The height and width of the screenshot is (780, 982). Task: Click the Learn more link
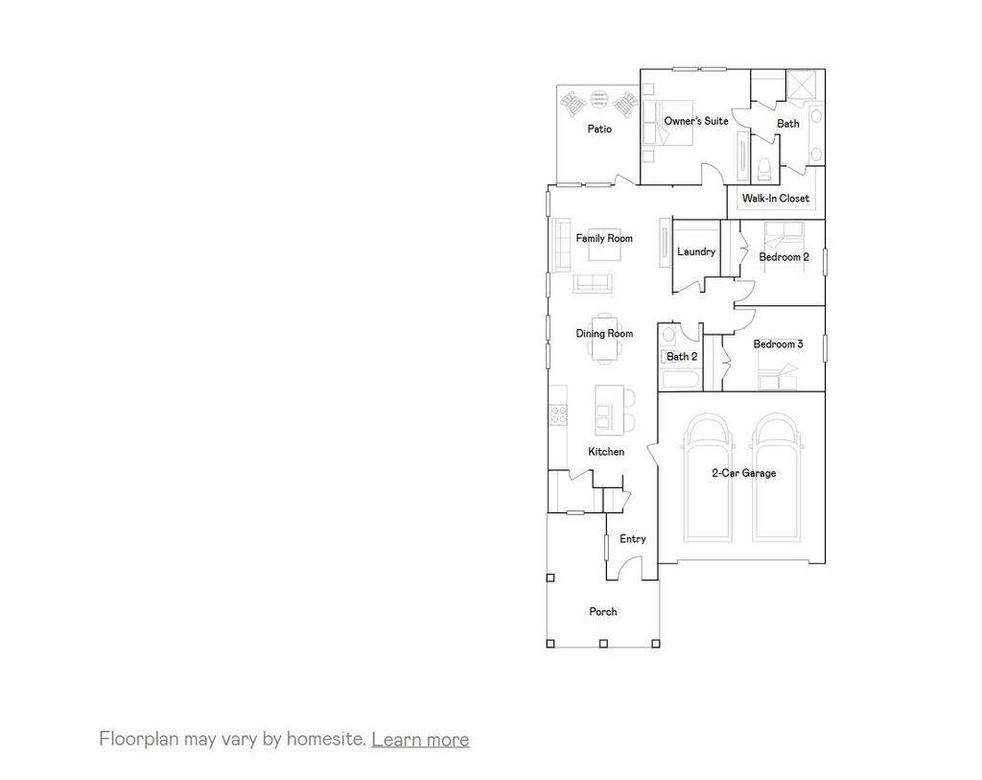pyautogui.click(x=420, y=740)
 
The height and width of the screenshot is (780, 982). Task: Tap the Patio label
pyautogui.click(x=599, y=130)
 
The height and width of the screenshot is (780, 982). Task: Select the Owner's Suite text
pyautogui.click(x=696, y=121)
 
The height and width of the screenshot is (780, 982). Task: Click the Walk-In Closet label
pyautogui.click(x=775, y=199)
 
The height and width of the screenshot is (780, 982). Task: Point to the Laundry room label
pyautogui.click(x=696, y=252)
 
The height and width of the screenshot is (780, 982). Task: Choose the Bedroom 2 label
pyautogui.click(x=783, y=257)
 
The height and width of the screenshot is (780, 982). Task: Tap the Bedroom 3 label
pyautogui.click(x=778, y=344)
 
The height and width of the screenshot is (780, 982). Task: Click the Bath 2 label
pyautogui.click(x=682, y=357)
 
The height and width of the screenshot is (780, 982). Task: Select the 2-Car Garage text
pyautogui.click(x=743, y=473)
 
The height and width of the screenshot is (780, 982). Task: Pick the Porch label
pyautogui.click(x=603, y=612)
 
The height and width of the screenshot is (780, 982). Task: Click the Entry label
pyautogui.click(x=632, y=539)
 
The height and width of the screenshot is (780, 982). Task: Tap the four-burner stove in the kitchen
pyautogui.click(x=557, y=414)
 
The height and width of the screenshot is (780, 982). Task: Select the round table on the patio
pyautogui.click(x=599, y=97)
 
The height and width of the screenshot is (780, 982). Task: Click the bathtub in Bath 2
pyautogui.click(x=680, y=379)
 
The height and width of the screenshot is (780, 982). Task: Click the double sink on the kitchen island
pyautogui.click(x=604, y=414)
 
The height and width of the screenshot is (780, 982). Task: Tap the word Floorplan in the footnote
pyautogui.click(x=135, y=740)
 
